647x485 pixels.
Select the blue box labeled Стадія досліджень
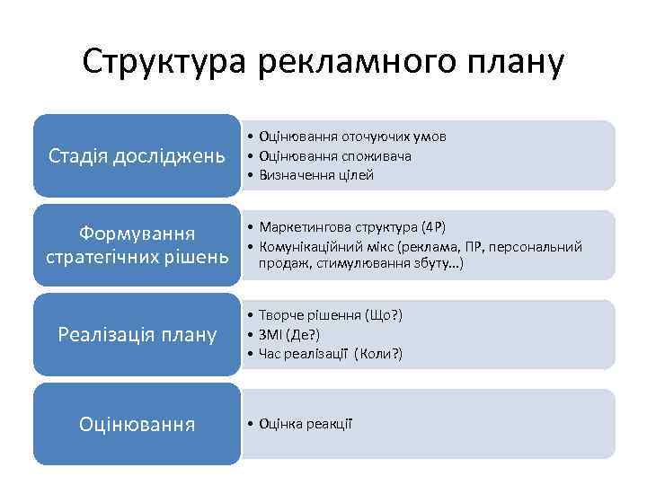[x=137, y=156]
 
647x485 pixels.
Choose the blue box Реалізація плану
[x=137, y=335]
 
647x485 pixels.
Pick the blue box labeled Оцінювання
[x=137, y=423]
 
